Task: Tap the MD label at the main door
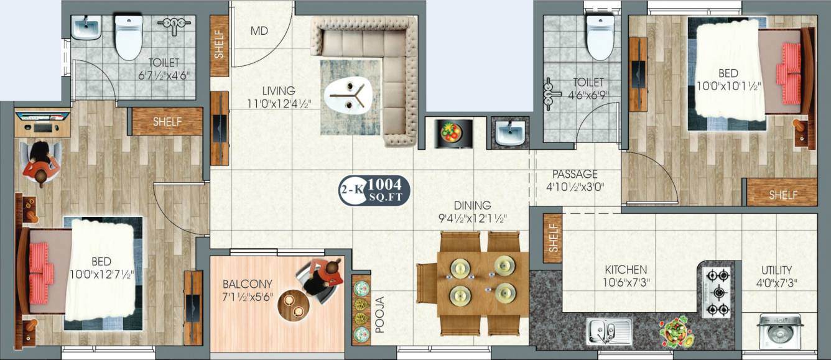259,31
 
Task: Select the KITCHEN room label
626,270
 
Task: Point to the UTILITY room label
777,270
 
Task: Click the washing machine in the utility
779,331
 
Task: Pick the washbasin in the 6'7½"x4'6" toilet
85,27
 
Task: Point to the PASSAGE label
575,174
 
